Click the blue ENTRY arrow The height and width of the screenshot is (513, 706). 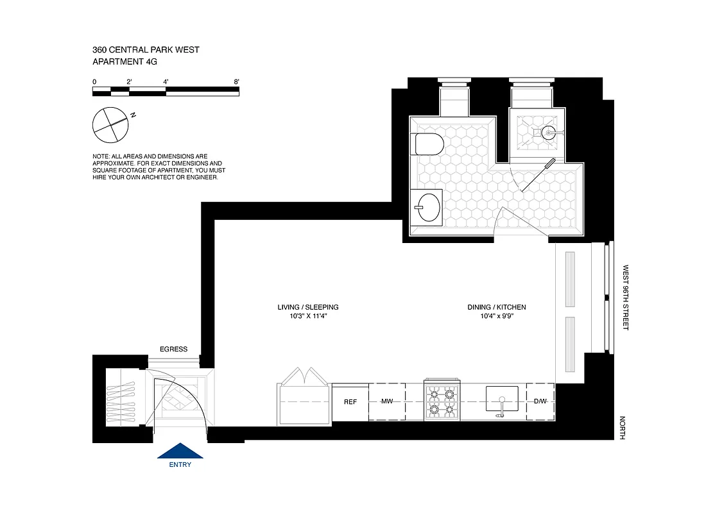(180, 451)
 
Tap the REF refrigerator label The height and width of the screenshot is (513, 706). (350, 402)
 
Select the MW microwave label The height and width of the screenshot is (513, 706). (387, 402)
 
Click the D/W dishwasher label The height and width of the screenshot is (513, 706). (540, 402)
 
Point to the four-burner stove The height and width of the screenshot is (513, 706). (442, 402)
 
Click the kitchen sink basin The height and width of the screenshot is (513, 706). (503, 399)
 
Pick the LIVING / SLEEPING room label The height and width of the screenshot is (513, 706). (308, 307)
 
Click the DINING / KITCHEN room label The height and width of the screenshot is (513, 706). (497, 307)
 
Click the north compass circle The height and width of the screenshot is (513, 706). (110, 125)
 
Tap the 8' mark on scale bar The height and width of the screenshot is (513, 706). (236, 82)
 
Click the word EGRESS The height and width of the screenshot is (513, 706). (173, 349)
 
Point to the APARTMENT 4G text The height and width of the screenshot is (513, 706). (125, 62)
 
